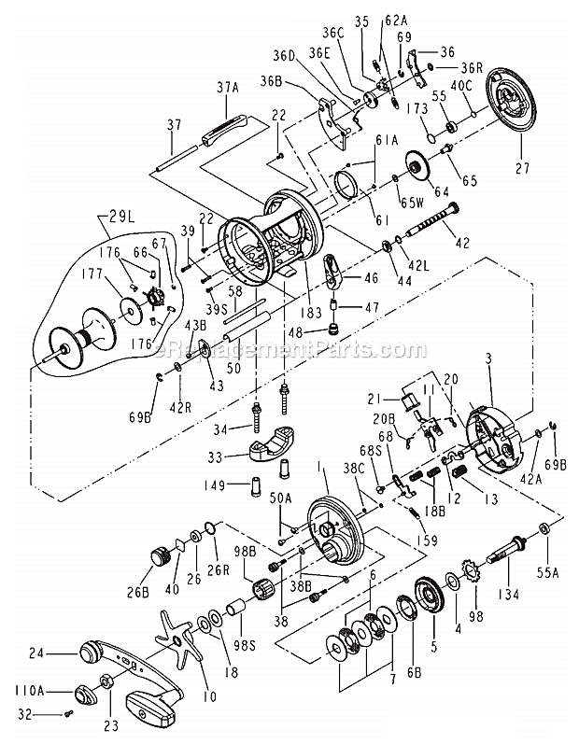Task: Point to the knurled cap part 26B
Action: coord(164,561)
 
